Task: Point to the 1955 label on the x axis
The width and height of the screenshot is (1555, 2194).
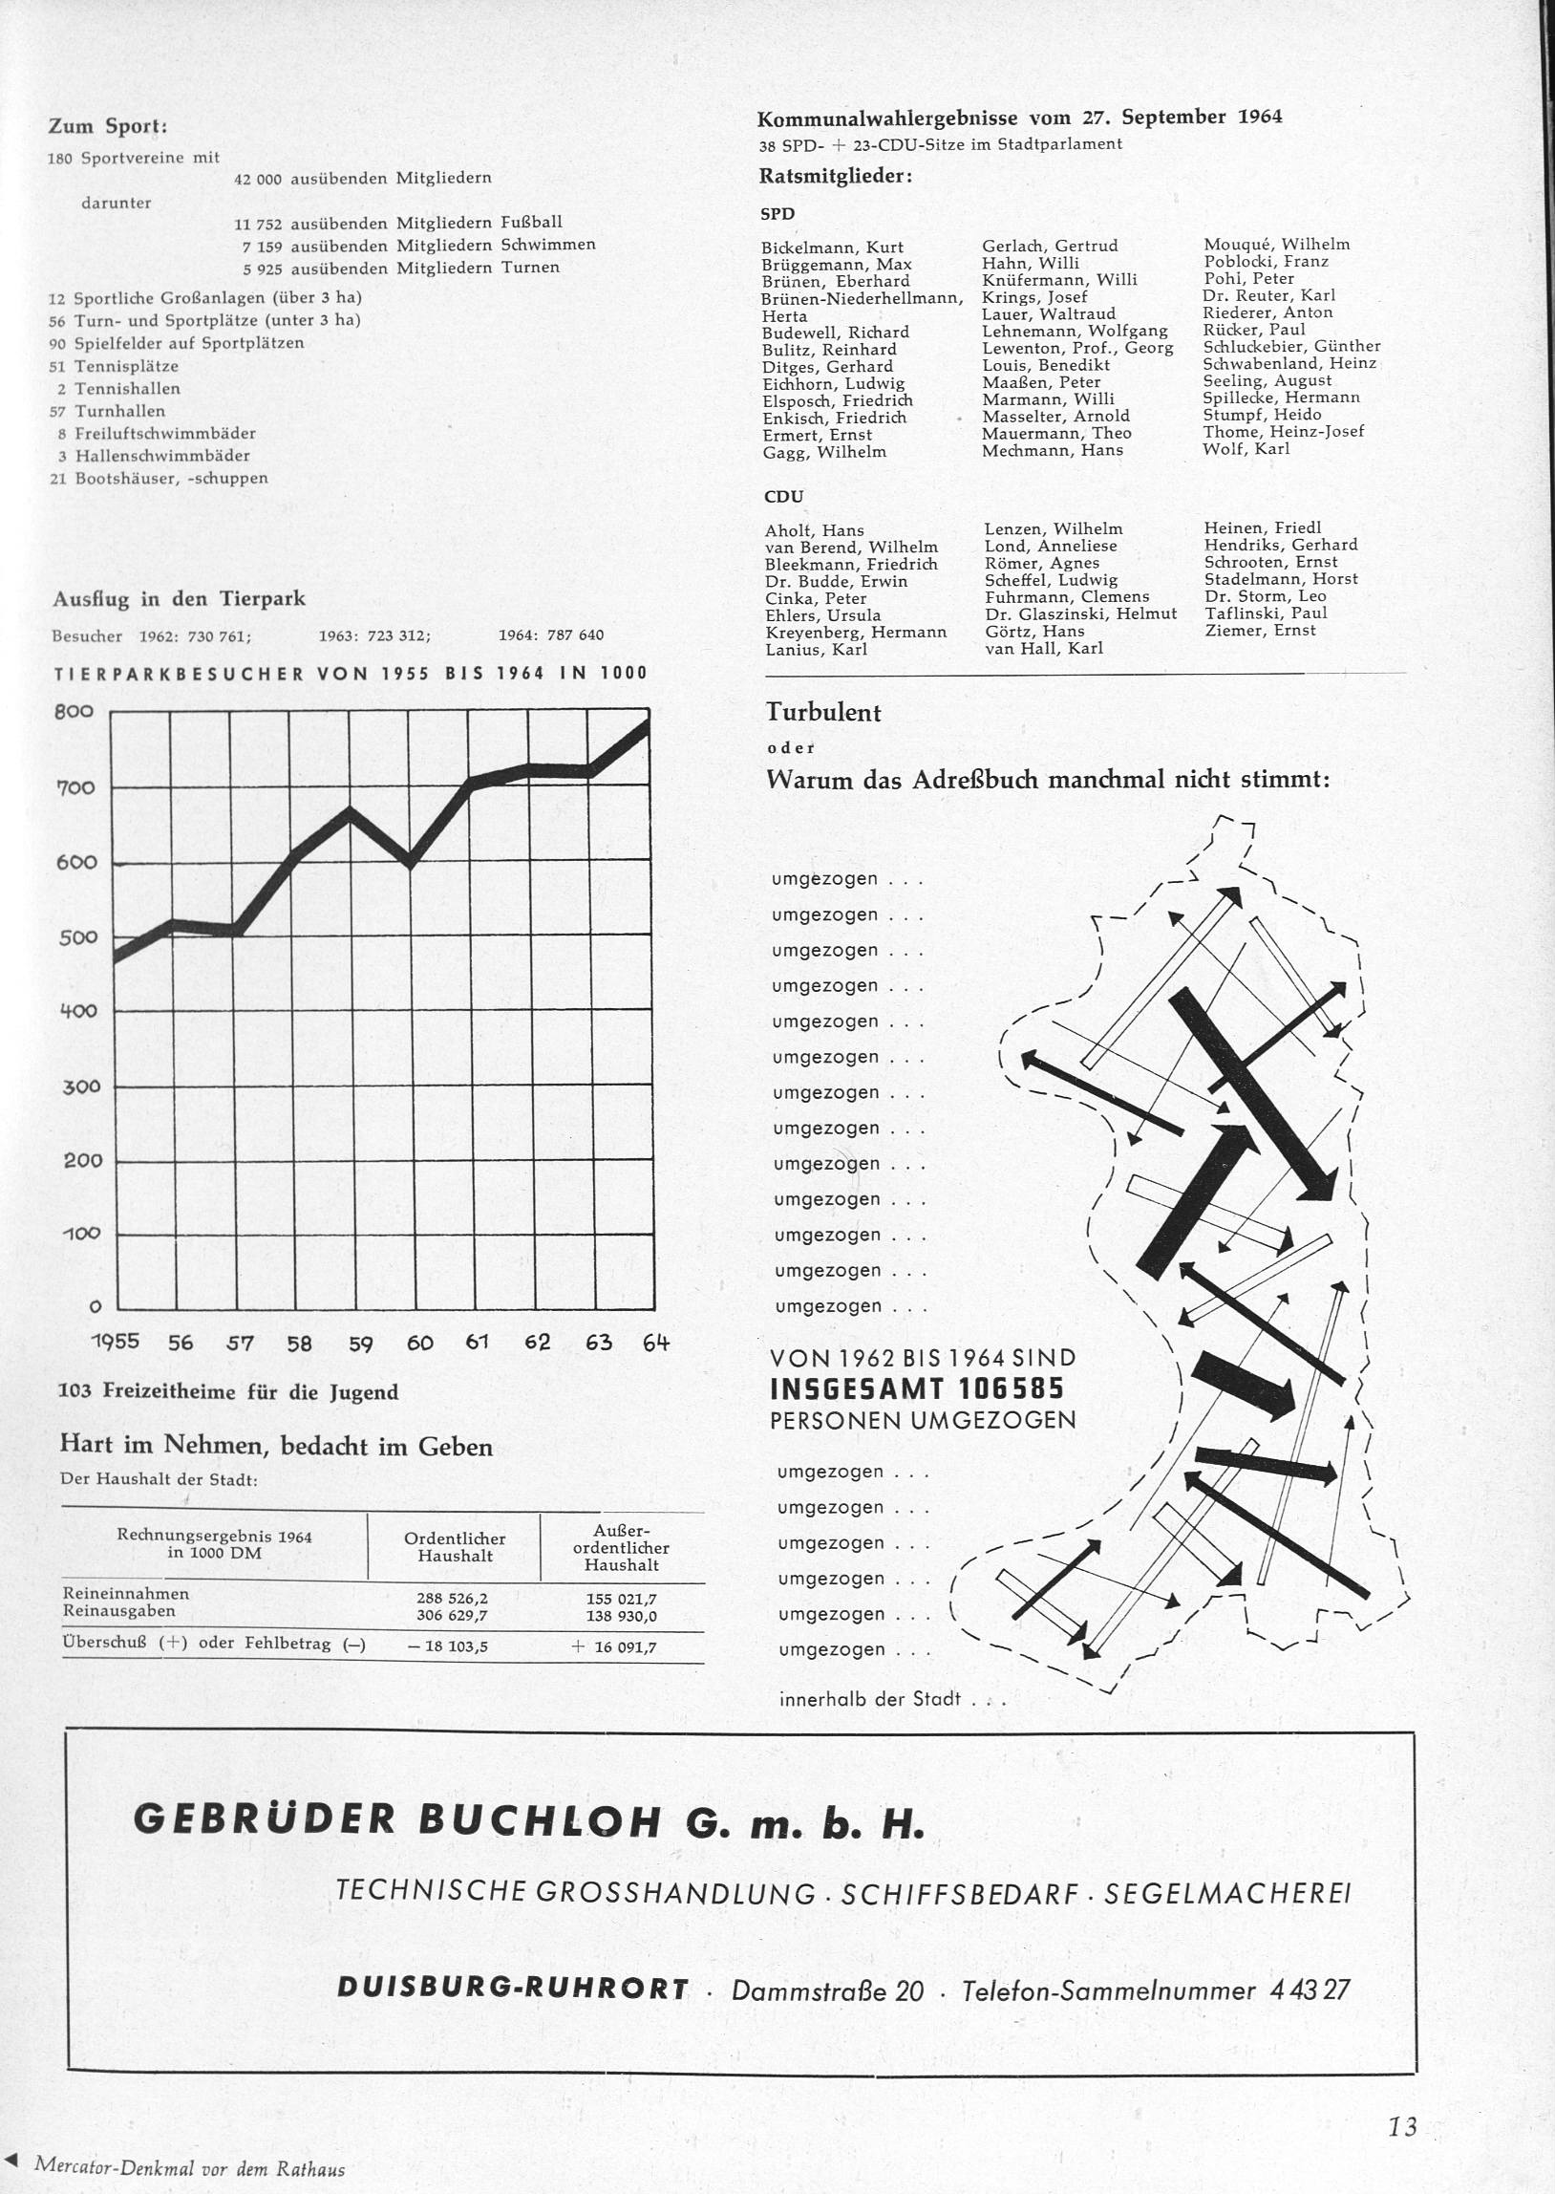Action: (115, 1341)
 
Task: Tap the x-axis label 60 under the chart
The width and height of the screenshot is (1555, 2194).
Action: (419, 1342)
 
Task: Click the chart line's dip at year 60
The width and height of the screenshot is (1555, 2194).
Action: (410, 861)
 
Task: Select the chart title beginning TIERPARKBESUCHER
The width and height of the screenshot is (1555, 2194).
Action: (351, 674)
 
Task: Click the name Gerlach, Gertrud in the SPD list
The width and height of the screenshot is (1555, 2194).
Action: (1050, 246)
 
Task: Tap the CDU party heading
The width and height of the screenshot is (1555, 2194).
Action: (782, 496)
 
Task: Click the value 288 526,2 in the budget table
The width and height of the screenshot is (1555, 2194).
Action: (452, 1599)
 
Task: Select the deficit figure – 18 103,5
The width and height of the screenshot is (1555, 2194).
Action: (449, 1646)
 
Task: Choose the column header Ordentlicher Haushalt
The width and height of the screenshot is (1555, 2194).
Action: (454, 1547)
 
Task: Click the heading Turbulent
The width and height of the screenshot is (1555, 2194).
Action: (822, 713)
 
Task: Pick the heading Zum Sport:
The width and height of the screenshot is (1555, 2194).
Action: (107, 126)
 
